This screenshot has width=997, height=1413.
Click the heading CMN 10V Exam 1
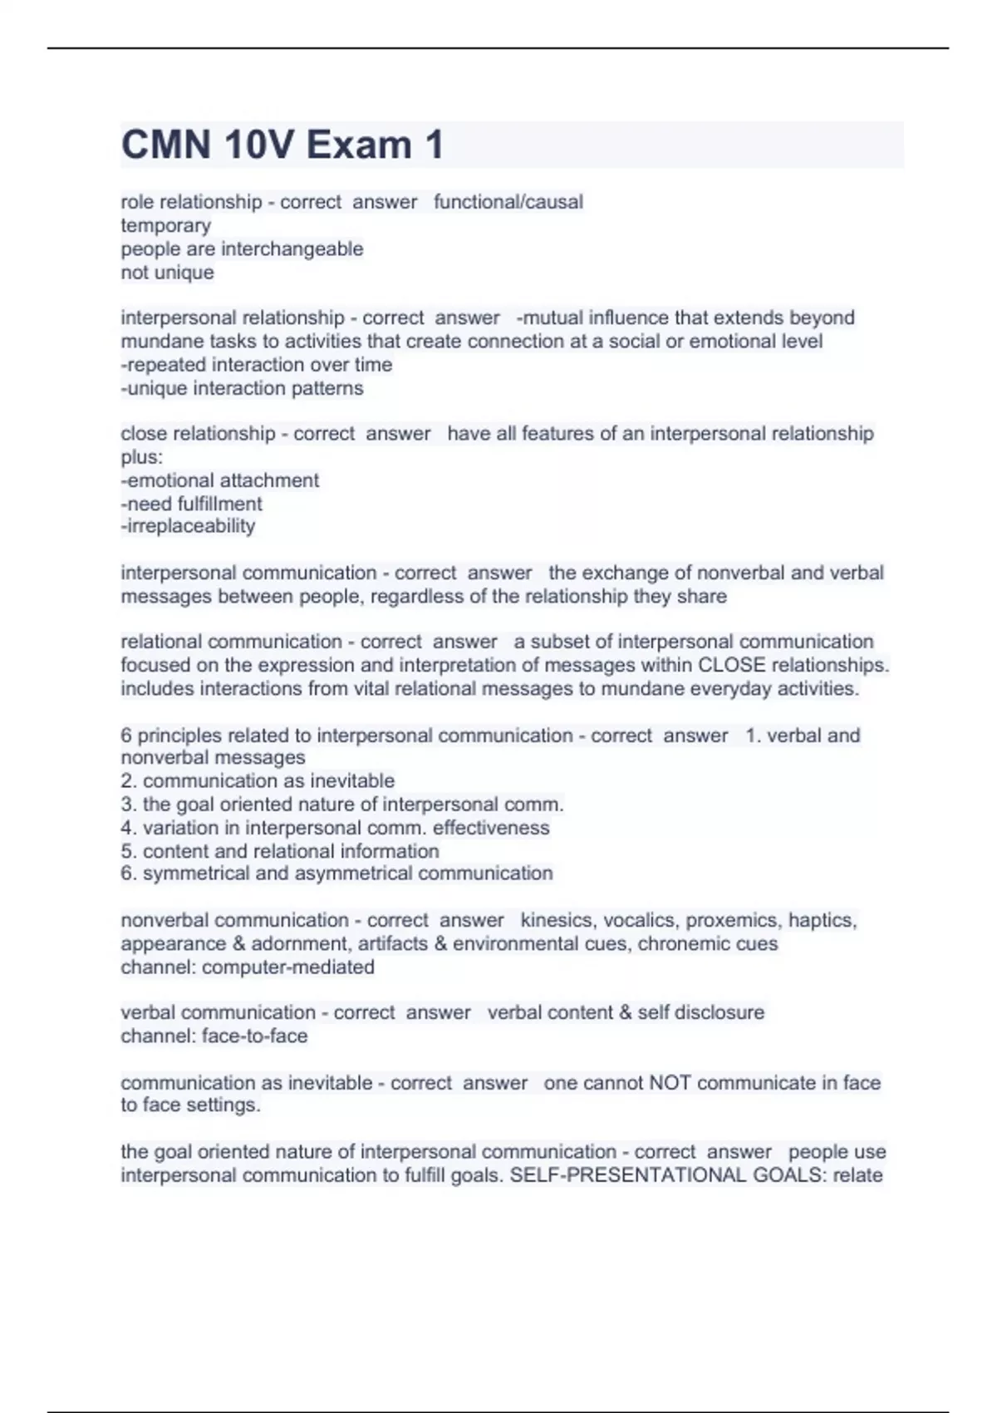282,145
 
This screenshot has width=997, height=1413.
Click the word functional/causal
508,202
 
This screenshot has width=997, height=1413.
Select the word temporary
166,225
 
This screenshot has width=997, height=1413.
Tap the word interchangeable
292,249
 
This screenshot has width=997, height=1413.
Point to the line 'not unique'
167,272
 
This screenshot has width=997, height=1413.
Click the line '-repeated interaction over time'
256,364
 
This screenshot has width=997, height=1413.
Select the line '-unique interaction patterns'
242,388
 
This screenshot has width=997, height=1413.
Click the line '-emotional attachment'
219,480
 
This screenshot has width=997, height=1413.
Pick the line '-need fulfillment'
191,504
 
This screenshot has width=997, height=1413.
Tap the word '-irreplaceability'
188,526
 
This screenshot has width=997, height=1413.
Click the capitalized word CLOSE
732,665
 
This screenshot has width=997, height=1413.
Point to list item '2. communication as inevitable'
258,780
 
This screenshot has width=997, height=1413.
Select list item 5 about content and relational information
280,851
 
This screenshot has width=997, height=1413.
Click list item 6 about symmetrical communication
336,874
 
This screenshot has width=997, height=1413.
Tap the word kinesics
557,920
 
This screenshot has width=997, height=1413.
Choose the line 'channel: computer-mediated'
248,967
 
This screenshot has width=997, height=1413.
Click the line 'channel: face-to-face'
214,1036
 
